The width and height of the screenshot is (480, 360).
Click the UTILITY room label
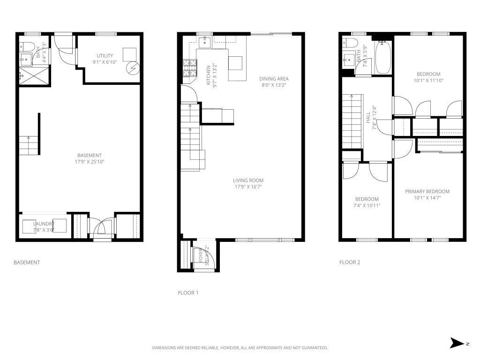click(x=105, y=56)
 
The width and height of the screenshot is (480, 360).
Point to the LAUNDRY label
click(x=44, y=224)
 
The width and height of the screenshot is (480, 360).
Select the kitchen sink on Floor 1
click(x=205, y=43)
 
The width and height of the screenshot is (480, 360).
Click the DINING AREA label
click(x=274, y=79)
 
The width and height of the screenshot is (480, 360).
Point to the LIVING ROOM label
click(x=248, y=180)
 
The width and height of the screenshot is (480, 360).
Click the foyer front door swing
click(x=205, y=257)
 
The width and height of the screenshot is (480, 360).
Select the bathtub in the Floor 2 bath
click(x=383, y=58)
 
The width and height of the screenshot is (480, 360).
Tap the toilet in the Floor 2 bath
click(x=350, y=44)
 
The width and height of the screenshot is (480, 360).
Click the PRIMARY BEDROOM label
click(x=427, y=191)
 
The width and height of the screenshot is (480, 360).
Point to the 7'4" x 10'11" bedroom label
click(x=366, y=205)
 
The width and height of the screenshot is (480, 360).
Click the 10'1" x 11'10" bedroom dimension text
click(x=428, y=81)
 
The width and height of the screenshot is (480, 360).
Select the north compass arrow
click(x=457, y=343)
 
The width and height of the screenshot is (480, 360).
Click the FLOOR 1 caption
click(x=188, y=293)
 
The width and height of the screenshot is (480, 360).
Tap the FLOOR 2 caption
click(x=350, y=262)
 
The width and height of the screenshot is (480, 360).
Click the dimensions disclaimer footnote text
click(x=240, y=348)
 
